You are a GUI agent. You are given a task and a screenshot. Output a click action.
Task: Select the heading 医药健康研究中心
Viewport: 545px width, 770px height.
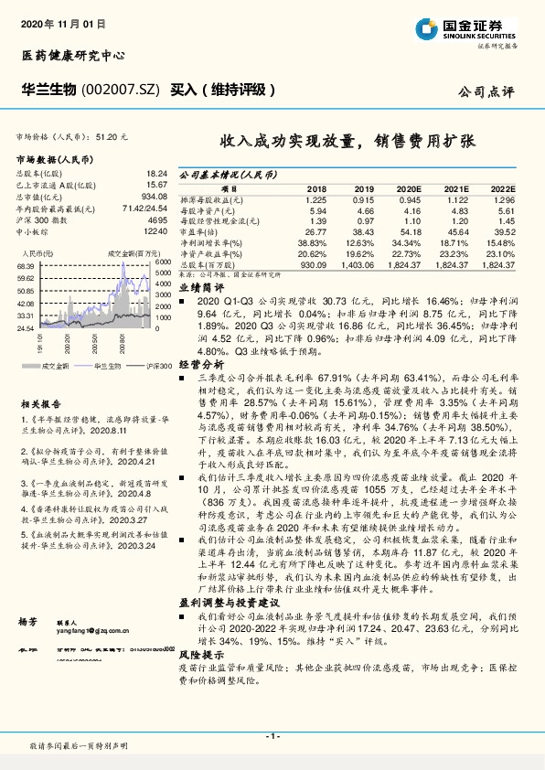(72, 56)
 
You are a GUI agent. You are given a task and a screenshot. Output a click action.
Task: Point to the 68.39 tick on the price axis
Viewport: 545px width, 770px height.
(26, 265)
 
